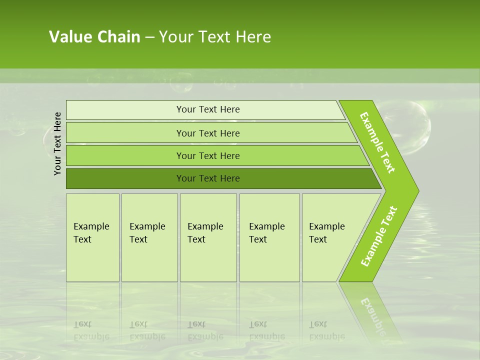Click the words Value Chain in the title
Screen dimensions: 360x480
coord(94,37)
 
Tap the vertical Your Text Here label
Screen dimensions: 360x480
coord(57,143)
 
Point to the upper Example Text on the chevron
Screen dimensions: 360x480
coord(377,142)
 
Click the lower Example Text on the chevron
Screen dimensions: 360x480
coord(378,236)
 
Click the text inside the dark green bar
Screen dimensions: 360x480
coord(208,178)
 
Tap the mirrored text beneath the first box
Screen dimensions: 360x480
coord(91,330)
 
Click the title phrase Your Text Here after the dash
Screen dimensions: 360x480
coord(215,37)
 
